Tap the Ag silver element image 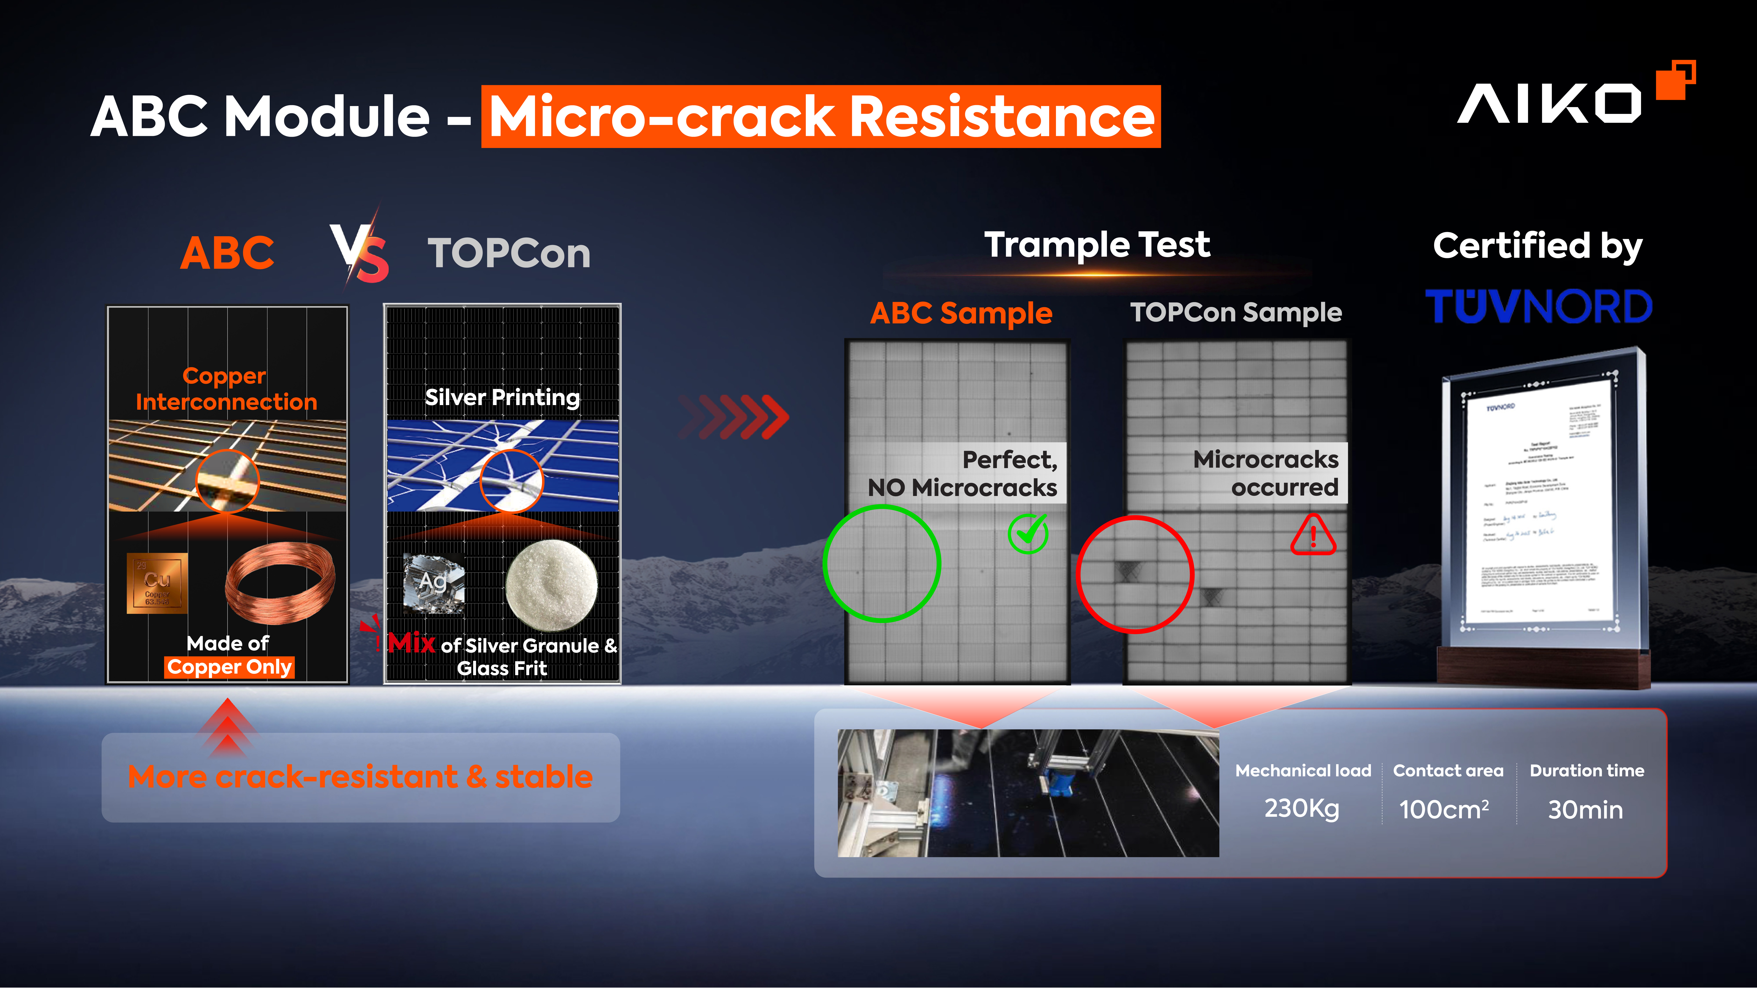tap(434, 583)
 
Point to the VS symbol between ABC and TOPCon tap(360, 252)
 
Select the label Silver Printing tap(502, 397)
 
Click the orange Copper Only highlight tap(229, 667)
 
